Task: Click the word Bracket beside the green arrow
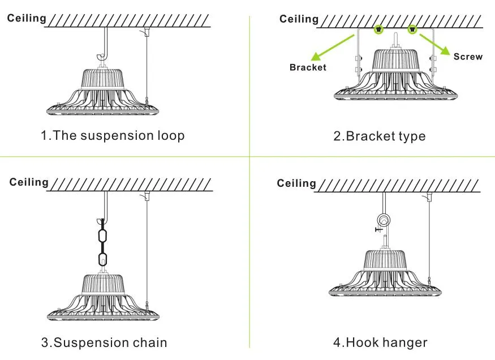[308, 67]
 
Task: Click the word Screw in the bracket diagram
[468, 57]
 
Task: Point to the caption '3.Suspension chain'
[104, 342]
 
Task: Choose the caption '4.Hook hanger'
[380, 342]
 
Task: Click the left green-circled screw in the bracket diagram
[379, 28]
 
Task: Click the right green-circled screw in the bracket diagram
[412, 28]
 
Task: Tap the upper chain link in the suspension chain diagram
[102, 236]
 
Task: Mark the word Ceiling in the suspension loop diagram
[27, 18]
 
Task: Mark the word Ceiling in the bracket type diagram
[299, 19]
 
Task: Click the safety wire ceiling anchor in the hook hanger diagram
[429, 196]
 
